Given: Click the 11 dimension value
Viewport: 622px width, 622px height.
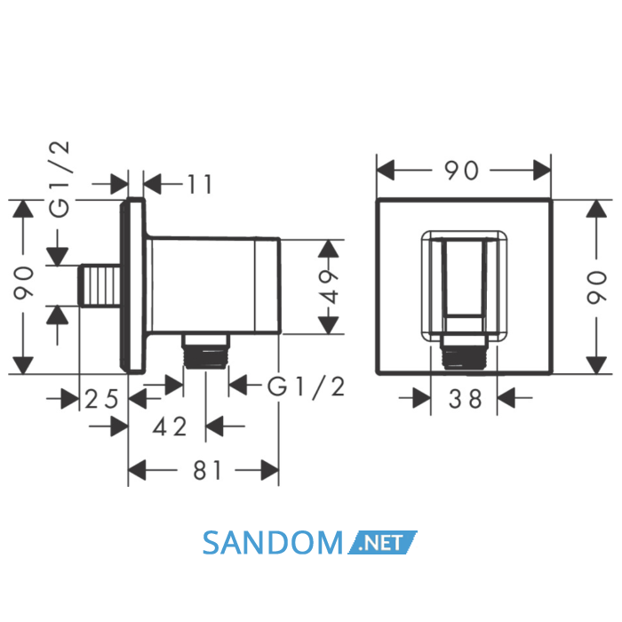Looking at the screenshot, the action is point(200,184).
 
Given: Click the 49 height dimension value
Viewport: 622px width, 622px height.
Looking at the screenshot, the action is point(328,286).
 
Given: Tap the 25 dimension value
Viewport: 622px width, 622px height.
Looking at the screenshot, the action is point(101,399).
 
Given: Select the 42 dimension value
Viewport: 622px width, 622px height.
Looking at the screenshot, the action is point(170,427).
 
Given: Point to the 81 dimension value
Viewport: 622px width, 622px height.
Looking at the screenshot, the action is point(207,471).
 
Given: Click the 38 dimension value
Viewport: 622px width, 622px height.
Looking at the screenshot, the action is point(465,399).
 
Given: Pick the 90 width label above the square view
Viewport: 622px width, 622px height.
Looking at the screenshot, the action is point(461,171).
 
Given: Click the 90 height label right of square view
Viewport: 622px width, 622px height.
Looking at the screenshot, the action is point(597,287).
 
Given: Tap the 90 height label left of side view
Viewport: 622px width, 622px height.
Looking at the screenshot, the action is point(23,283).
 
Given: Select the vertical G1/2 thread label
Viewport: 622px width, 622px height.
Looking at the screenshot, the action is point(60,179).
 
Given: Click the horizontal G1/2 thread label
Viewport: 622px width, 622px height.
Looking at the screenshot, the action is point(306,387).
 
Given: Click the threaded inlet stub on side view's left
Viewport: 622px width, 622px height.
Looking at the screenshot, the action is point(100,285).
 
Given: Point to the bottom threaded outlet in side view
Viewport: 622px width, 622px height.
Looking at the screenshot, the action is point(205,352).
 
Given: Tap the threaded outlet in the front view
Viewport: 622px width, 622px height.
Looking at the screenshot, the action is point(464,353).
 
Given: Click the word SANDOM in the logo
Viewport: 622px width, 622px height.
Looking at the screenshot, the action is point(273,543).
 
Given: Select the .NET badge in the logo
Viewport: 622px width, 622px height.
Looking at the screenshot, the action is point(382,542).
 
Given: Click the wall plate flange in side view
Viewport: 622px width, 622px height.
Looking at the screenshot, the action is point(133,285).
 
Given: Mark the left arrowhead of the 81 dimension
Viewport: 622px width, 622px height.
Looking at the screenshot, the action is point(137,470).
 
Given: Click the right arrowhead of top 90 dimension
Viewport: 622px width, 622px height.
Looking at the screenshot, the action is point(542,171).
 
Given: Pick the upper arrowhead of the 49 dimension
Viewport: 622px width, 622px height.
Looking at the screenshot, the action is point(328,248).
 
